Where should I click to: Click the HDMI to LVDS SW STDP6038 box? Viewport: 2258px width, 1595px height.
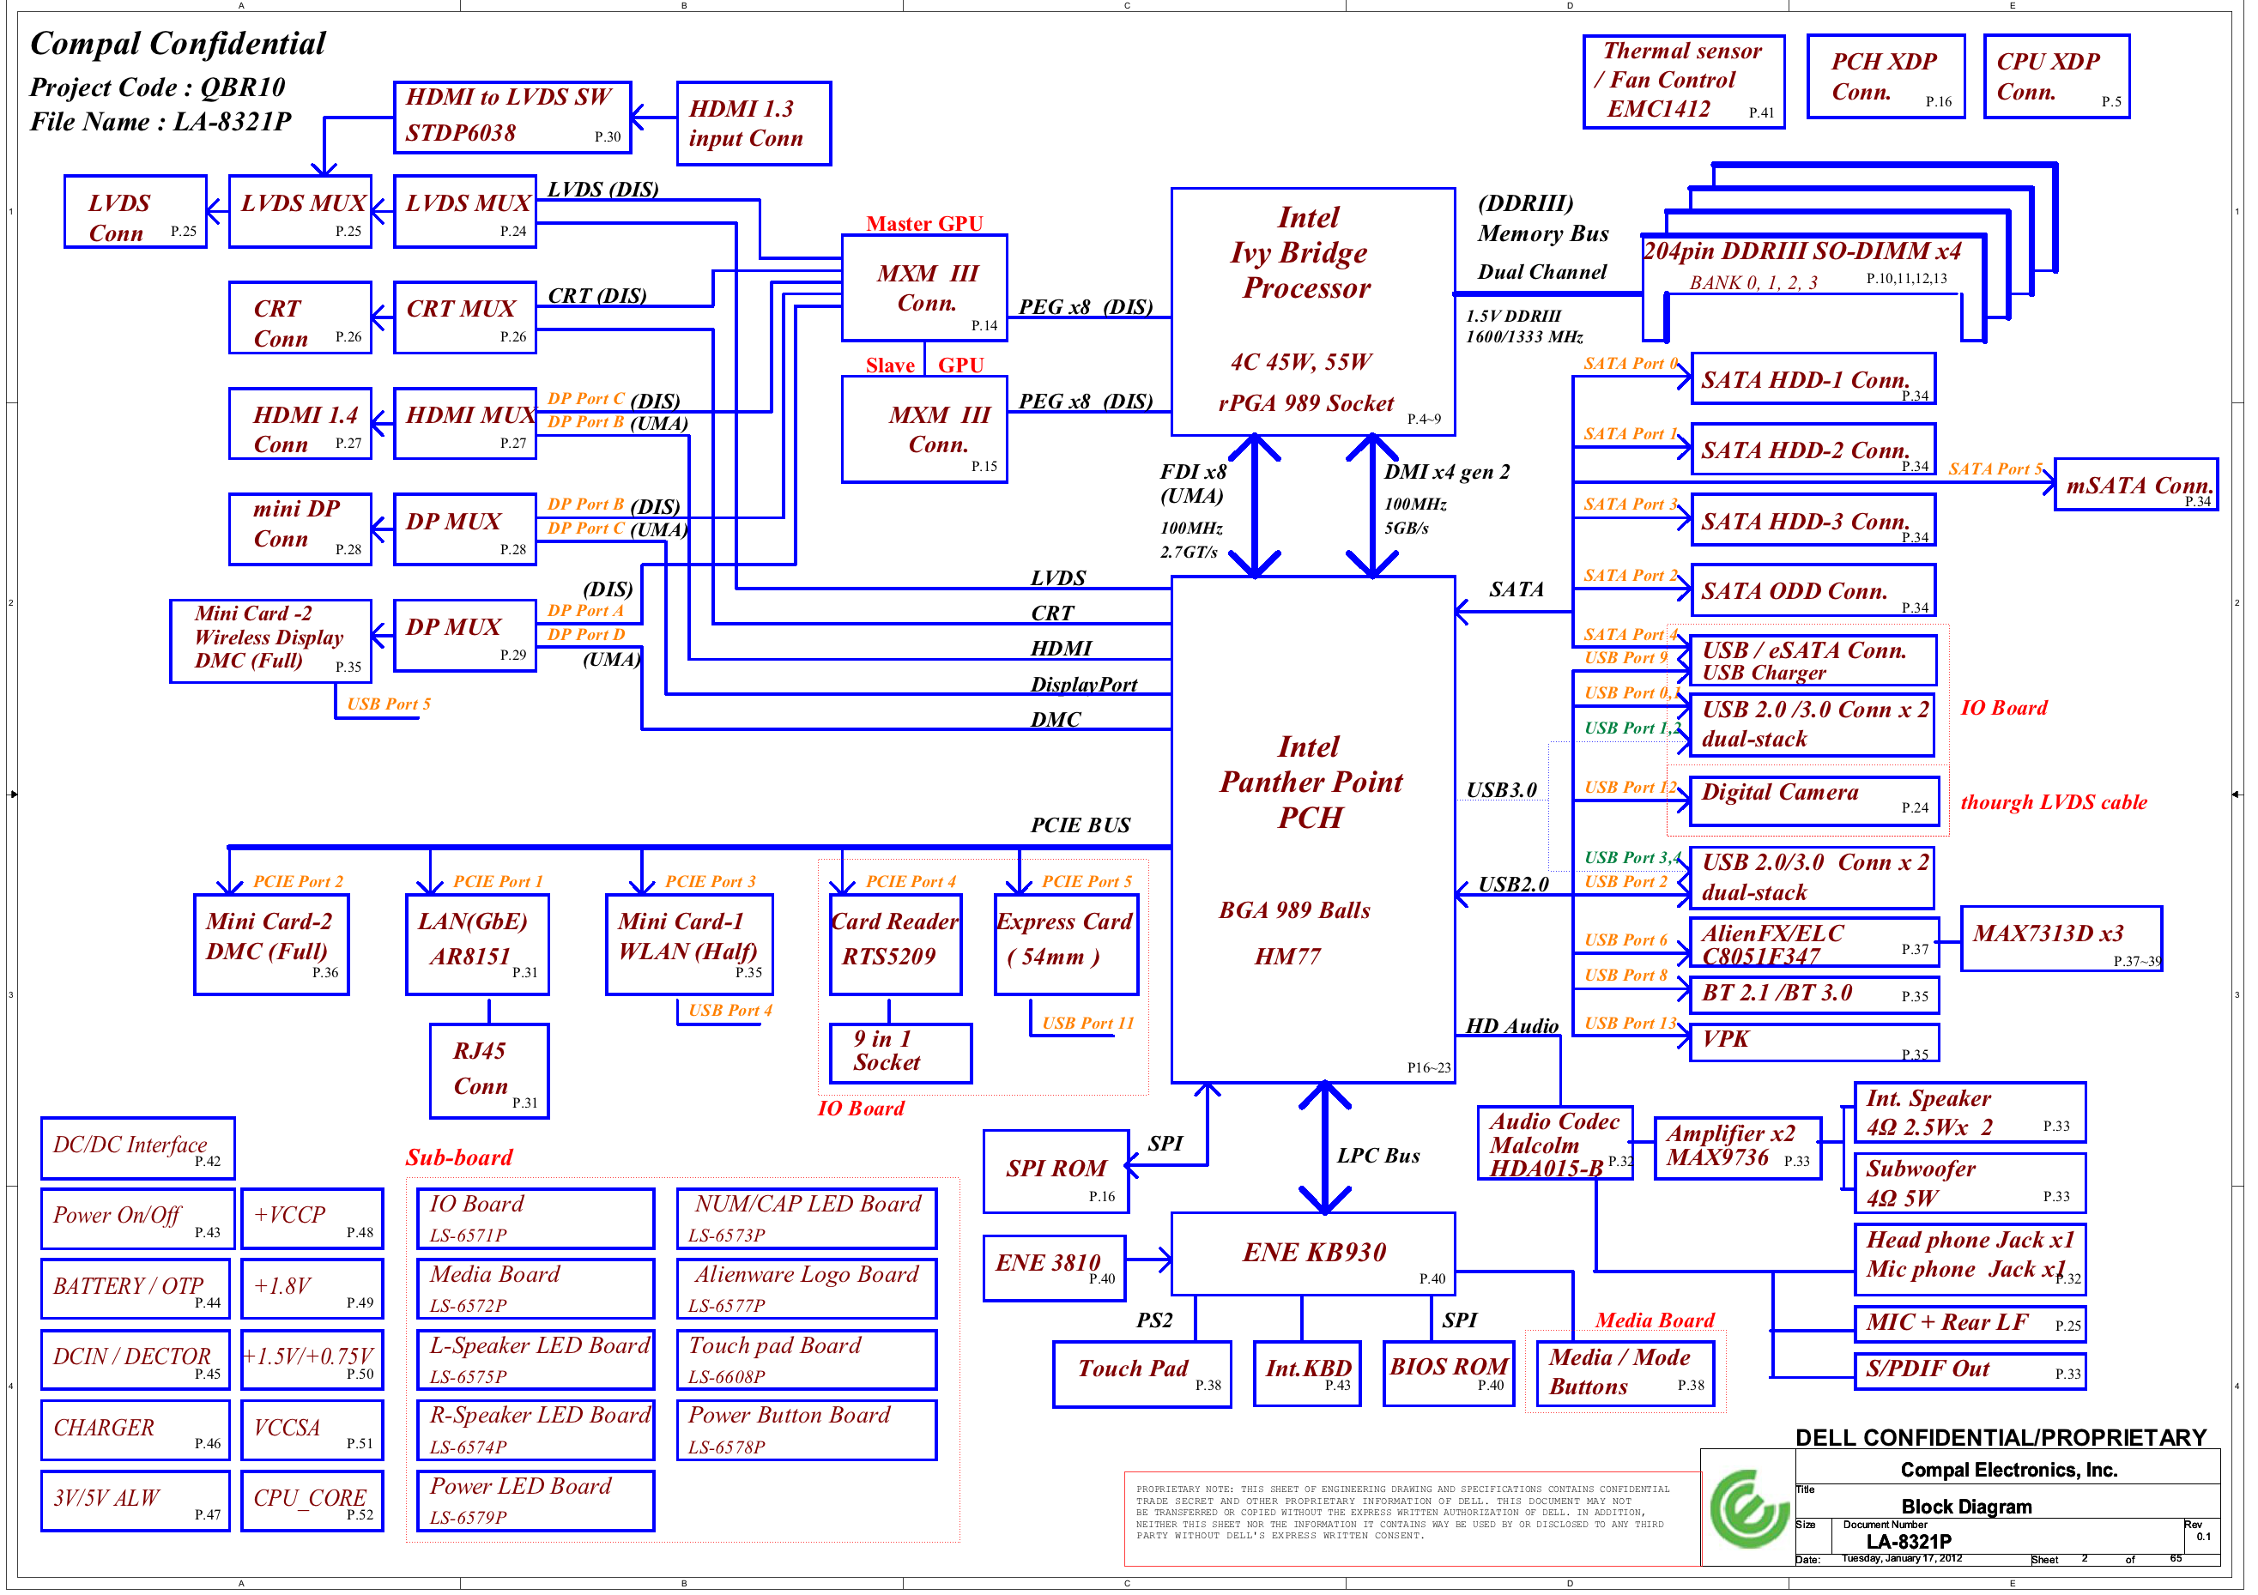(512, 117)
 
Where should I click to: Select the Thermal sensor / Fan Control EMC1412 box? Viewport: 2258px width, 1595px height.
(1683, 82)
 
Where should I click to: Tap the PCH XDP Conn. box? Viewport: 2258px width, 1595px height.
(1885, 76)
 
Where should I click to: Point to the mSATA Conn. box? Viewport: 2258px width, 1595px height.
(2135, 485)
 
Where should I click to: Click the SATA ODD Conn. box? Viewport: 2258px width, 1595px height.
(1812, 591)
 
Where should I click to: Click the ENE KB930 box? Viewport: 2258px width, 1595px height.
(1312, 1254)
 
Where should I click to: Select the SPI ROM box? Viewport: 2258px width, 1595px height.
(1056, 1171)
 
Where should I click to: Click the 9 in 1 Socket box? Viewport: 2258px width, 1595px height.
(899, 1053)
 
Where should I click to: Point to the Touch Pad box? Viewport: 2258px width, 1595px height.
(1141, 1374)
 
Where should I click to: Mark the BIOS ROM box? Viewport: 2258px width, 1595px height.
(1448, 1372)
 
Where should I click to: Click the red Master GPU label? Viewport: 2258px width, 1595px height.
(923, 224)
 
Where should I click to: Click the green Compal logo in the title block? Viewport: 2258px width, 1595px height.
(1747, 1509)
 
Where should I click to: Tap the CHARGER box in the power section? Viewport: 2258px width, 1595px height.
(135, 1429)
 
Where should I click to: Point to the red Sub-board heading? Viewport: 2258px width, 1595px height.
(459, 1157)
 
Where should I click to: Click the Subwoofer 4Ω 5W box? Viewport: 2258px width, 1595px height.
(1969, 1183)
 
